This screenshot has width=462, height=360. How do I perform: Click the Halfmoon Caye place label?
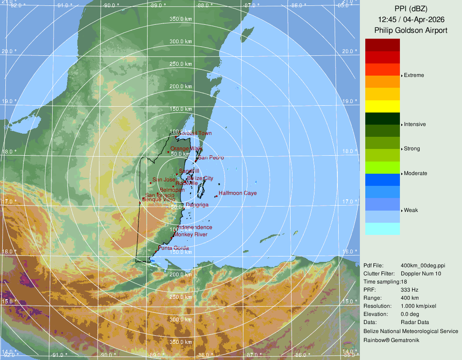[238, 193]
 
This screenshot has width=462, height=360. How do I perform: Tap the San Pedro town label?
[211, 157]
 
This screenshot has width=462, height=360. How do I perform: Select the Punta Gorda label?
[174, 248]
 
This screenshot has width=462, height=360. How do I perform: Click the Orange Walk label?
[186, 148]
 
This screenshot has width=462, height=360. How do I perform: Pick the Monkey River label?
[191, 234]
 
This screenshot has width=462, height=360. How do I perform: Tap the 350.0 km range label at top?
[181, 19]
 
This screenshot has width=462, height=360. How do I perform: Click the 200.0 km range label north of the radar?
[181, 86]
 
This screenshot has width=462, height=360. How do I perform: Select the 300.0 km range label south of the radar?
[181, 319]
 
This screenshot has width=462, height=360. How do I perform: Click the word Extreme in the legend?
[414, 75]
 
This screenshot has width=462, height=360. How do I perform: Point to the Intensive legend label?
[415, 124]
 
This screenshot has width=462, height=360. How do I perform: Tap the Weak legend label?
[411, 210]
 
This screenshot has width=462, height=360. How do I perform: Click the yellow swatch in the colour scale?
[382, 106]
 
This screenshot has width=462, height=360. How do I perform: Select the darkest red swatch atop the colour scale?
[382, 45]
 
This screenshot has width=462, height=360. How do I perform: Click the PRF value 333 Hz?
[410, 290]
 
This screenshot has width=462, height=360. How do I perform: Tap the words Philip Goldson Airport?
[411, 31]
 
